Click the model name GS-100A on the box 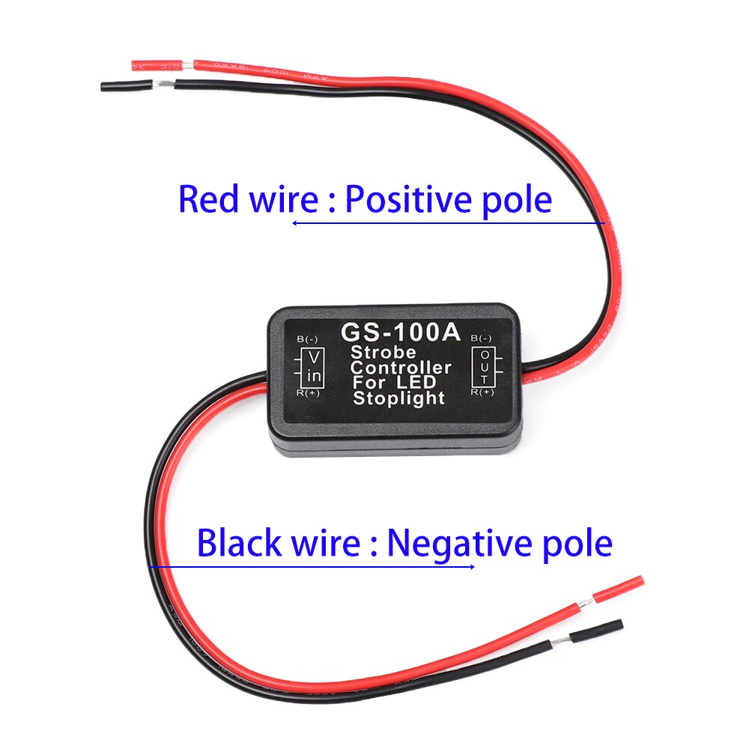[x=400, y=332]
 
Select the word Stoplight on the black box [x=398, y=398]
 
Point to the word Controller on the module [x=401, y=368]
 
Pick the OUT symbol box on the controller [x=486, y=364]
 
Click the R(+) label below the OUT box [x=482, y=391]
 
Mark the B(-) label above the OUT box [x=482, y=339]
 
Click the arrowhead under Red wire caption [x=296, y=222]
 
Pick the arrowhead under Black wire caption [x=471, y=566]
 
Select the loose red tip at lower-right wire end [x=618, y=589]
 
